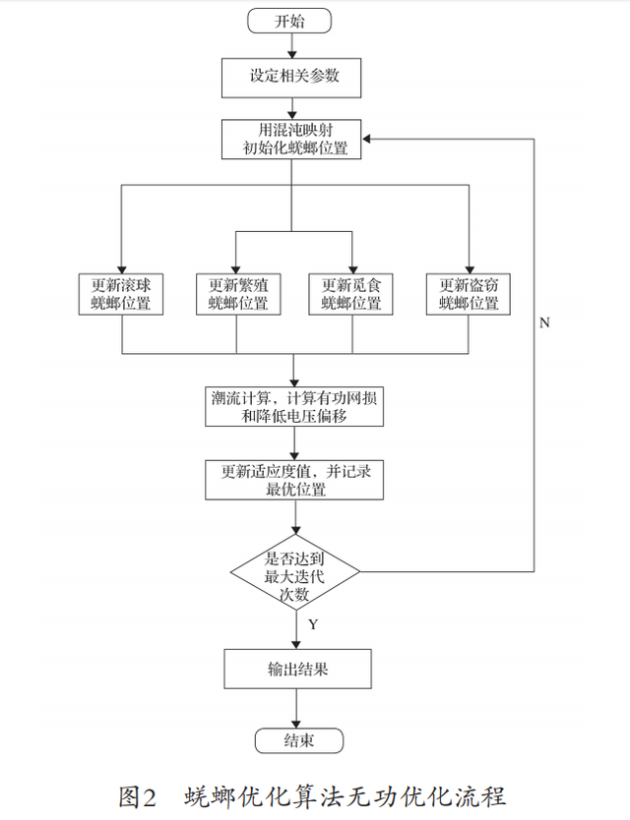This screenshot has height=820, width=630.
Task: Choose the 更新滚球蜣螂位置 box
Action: pyautogui.click(x=122, y=293)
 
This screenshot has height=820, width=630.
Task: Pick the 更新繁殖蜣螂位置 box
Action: pyautogui.click(x=237, y=293)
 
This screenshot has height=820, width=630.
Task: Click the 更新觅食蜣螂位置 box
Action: pyautogui.click(x=351, y=293)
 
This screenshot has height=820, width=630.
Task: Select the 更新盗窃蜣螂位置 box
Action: pyautogui.click(x=469, y=293)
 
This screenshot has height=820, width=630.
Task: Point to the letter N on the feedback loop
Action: pyautogui.click(x=544, y=322)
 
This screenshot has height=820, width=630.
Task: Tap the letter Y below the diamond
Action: pyautogui.click(x=312, y=624)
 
